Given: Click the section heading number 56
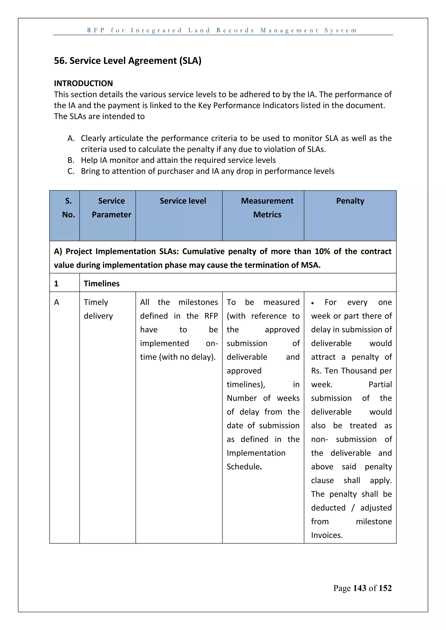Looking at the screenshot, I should pyautogui.click(x=60, y=61).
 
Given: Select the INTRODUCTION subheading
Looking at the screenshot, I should pyautogui.click(x=83, y=83).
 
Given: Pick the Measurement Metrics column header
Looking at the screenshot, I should pyautogui.click(x=267, y=208).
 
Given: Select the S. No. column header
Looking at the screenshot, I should pyautogui.click(x=68, y=208).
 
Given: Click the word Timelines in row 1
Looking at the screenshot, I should pyautogui.click(x=102, y=283).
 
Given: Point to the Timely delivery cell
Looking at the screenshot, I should pyautogui.click(x=98, y=309).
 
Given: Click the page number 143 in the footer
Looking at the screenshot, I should pyautogui.click(x=360, y=588).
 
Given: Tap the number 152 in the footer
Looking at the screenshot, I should pyautogui.click(x=385, y=588).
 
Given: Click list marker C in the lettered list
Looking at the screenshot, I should pyautogui.click(x=71, y=171).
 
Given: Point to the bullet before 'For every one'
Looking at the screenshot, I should pyautogui.click(x=313, y=303).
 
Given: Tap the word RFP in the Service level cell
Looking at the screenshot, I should pyautogui.click(x=211, y=316).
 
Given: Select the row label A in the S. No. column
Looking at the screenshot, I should pyautogui.click(x=57, y=302).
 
